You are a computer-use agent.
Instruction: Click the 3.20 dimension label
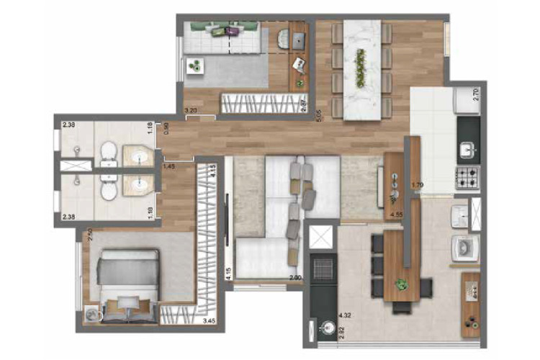click(x=191, y=110)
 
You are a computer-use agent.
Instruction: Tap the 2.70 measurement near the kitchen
click(x=475, y=96)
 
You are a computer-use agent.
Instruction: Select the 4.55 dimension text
click(x=396, y=214)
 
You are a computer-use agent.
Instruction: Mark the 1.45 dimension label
click(x=169, y=167)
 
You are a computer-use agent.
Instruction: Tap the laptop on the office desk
click(x=298, y=41)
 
